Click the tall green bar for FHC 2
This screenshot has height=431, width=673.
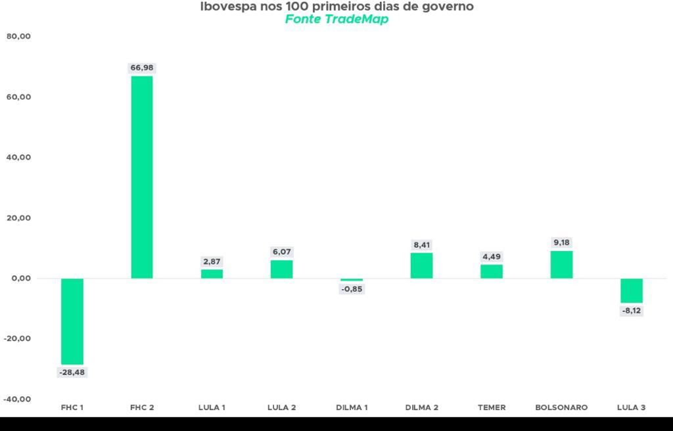pos(142,177)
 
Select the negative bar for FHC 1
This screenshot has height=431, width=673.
pos(72,321)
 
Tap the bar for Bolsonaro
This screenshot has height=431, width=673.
pos(561,265)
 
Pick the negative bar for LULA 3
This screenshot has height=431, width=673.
pos(632,290)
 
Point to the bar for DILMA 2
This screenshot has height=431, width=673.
pos(421,265)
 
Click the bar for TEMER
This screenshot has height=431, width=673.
pos(492,272)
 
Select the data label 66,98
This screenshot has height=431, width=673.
pos(142,68)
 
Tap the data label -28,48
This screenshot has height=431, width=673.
pos(72,372)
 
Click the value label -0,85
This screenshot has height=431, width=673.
pos(352,289)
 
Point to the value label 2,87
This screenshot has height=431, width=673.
pos(212,261)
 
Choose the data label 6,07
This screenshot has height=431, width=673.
pos(281,252)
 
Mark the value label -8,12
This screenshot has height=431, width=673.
pos(632,311)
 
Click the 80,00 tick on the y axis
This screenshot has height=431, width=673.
pos(18,37)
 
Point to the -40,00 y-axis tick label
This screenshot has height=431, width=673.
pos(17,399)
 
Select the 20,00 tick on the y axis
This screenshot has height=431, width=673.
pos(18,218)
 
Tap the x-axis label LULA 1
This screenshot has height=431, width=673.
pos(212,407)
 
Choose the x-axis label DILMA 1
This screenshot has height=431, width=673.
pos(352,407)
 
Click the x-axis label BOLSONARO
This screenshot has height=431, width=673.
pos(561,407)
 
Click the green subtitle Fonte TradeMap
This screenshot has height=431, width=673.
pos(337,19)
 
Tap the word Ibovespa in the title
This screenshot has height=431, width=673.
pos(229,7)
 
